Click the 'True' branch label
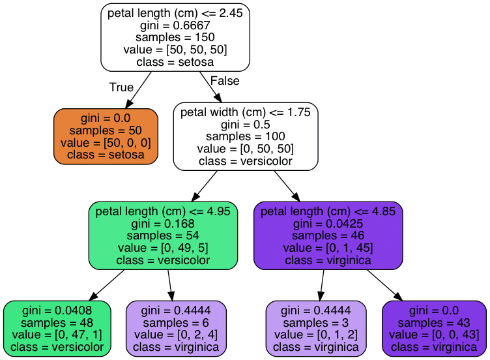pyautogui.click(x=121, y=87)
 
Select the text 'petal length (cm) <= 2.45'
pyautogui.click(x=175, y=13)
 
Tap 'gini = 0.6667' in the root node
pyautogui.click(x=175, y=25)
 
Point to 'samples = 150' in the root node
pyautogui.click(x=175, y=37)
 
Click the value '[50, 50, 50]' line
pyautogui.click(x=175, y=50)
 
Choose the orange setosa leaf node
pyautogui.click(x=106, y=136)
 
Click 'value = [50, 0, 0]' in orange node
pyautogui.click(x=106, y=142)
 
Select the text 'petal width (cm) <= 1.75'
pyautogui.click(x=246, y=112)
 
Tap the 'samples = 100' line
pyautogui.click(x=246, y=136)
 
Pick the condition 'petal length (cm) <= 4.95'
pyautogui.click(x=162, y=211)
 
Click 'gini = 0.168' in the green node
pyautogui.click(x=162, y=224)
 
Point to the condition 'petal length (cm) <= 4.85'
pyautogui.click(x=328, y=211)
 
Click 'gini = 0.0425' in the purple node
pyautogui.click(x=328, y=224)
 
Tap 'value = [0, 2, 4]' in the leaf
pyautogui.click(x=175, y=335)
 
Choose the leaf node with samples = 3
pyautogui.click(x=316, y=329)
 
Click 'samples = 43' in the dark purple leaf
pyautogui.click(x=433, y=323)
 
